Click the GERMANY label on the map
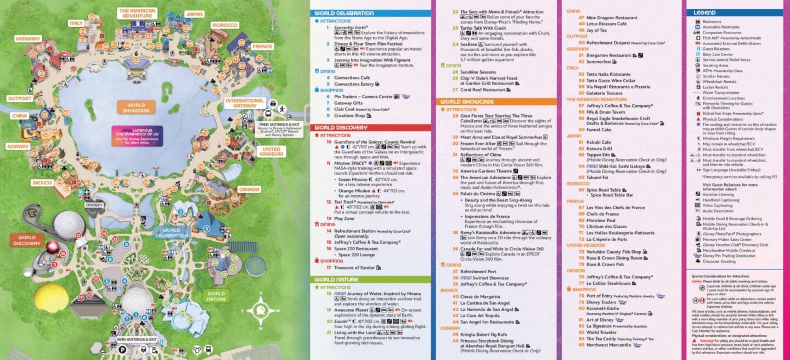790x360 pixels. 28,39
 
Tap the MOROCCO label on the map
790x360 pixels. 224,25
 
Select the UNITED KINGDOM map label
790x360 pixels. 271,152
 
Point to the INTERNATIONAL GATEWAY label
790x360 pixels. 245,103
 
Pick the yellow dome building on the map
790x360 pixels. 51,299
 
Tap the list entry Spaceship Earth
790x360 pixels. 351,27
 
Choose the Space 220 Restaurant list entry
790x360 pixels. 357,248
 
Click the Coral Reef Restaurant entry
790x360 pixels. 482,89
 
